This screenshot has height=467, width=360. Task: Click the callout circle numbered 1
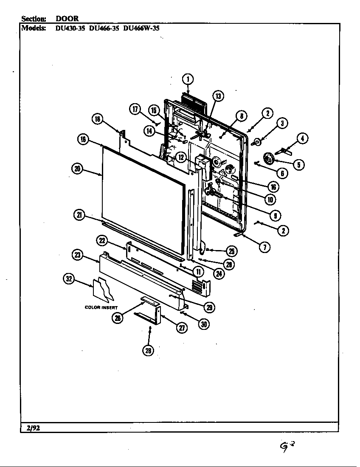tap(188, 79)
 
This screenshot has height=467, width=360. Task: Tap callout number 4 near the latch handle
tap(302, 138)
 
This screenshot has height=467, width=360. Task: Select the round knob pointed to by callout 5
tap(268, 159)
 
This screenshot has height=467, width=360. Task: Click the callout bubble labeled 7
tap(264, 248)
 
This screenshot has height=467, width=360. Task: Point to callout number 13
tap(218, 96)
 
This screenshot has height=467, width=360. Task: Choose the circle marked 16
tap(274, 186)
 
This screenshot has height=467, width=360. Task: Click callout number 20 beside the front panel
tap(77, 169)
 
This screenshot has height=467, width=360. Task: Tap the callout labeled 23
tap(78, 255)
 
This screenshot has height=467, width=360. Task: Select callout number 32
tap(69, 279)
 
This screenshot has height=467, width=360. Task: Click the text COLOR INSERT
tap(101, 307)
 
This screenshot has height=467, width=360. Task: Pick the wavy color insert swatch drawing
tap(104, 289)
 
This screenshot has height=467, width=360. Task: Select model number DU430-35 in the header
tap(71, 29)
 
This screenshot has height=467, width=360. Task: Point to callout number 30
tap(204, 324)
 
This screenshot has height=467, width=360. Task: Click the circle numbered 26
tap(117, 318)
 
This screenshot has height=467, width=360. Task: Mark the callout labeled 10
tap(269, 199)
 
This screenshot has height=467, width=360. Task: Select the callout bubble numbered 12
tap(181, 157)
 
